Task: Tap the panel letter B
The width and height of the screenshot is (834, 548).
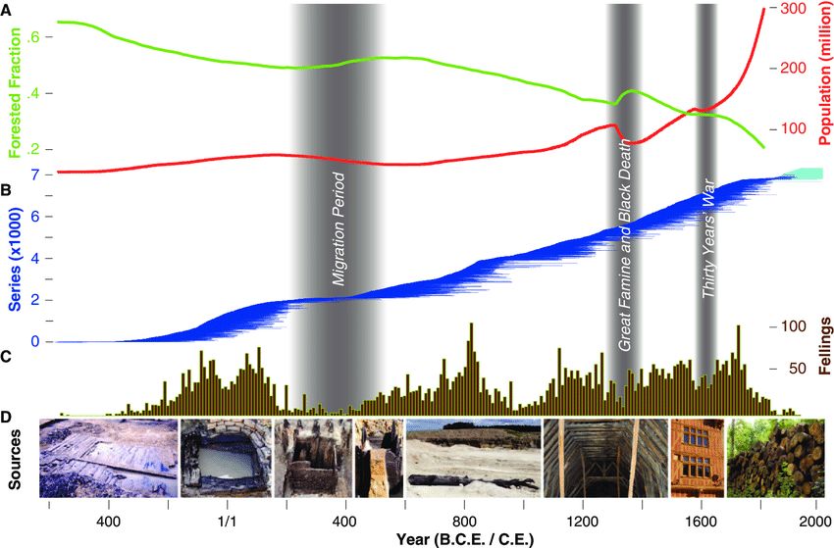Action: pos(7,190)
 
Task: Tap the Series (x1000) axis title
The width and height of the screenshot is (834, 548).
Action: pos(15,257)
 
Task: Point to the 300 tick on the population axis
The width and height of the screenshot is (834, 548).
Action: pos(791,9)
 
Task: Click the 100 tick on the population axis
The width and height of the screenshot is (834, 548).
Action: pos(791,128)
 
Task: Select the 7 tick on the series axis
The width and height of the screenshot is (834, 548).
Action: pos(34,174)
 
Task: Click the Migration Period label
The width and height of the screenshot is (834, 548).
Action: pos(339,228)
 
